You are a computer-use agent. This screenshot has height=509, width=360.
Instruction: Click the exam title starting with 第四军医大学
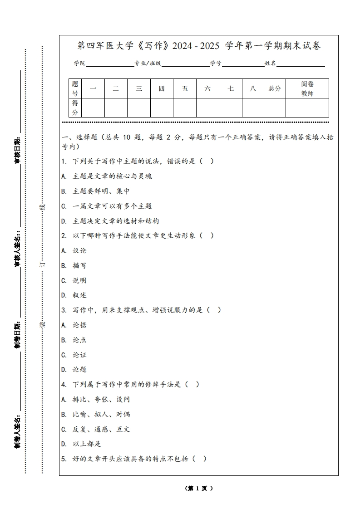point(199,46)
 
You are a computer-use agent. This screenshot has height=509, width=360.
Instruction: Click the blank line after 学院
point(109,64)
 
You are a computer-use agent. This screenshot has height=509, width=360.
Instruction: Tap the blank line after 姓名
point(301,64)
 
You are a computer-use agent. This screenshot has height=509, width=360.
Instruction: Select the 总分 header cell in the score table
point(275,88)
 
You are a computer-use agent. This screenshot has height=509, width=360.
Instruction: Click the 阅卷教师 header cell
point(307,88)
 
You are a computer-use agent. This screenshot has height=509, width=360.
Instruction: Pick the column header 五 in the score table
point(185,88)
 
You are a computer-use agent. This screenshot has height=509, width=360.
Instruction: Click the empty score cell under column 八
point(253,108)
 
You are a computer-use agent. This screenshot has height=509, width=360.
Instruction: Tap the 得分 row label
point(75,108)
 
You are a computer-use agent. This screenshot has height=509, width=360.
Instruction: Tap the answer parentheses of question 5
point(199,459)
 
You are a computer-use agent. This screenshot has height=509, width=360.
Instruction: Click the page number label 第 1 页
point(199,489)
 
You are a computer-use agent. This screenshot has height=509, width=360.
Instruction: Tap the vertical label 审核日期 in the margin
point(17,150)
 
